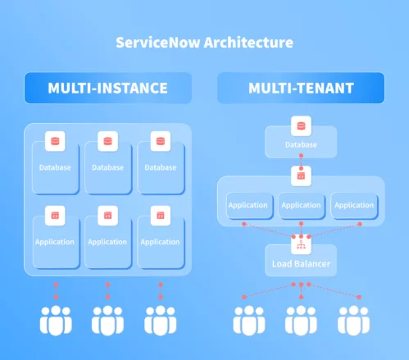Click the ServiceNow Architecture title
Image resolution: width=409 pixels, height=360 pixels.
click(x=204, y=42)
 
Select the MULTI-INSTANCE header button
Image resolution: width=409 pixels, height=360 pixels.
click(x=107, y=88)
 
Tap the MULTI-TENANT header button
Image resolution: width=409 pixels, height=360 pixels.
click(x=300, y=88)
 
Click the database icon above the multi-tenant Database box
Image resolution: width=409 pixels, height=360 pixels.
click(x=301, y=126)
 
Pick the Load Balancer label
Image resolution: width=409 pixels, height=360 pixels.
click(x=300, y=264)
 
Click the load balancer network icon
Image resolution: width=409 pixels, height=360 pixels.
click(x=301, y=244)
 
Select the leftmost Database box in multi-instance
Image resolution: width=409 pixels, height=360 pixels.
click(x=55, y=167)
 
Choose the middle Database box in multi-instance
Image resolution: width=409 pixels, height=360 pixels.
click(x=107, y=167)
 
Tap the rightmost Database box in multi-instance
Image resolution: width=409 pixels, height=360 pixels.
click(x=159, y=167)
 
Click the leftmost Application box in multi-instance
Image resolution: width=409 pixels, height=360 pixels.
click(x=55, y=241)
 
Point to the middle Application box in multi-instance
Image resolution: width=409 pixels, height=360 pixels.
click(x=107, y=241)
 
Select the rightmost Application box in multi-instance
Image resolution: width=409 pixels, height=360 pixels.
click(x=159, y=241)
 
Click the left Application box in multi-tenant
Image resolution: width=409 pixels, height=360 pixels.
click(x=248, y=205)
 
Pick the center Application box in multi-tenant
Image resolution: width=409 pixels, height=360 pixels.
click(x=301, y=205)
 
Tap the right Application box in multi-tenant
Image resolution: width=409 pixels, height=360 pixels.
click(x=354, y=205)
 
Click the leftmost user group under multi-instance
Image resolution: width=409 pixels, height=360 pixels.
click(x=56, y=321)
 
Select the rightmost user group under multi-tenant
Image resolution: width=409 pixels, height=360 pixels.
click(x=353, y=321)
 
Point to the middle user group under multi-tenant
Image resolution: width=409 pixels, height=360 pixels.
click(x=301, y=321)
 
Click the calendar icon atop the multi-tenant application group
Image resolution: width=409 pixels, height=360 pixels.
click(x=301, y=175)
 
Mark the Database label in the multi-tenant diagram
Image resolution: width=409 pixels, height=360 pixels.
click(x=301, y=145)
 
